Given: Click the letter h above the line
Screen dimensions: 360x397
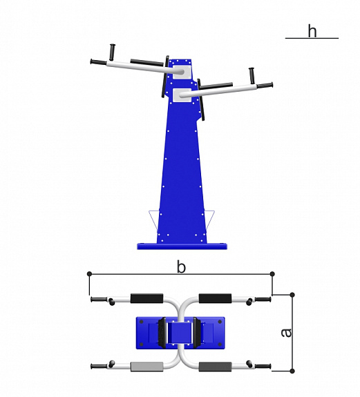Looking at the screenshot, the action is (x=312, y=31).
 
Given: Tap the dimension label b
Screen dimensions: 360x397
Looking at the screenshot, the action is (x=181, y=267).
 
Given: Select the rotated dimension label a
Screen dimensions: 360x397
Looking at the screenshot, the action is (x=287, y=333).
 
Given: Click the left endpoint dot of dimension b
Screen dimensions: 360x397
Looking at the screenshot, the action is (x=89, y=273).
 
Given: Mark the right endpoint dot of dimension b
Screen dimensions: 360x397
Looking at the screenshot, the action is (x=272, y=273).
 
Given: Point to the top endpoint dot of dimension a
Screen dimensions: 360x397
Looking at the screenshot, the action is (x=292, y=295).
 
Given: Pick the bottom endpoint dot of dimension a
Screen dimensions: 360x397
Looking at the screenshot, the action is (x=292, y=371).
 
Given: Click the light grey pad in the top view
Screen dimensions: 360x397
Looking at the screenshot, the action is (x=147, y=367).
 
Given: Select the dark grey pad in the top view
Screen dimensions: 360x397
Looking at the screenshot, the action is (x=215, y=367).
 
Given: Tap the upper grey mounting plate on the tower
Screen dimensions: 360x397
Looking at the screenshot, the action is (x=182, y=72).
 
